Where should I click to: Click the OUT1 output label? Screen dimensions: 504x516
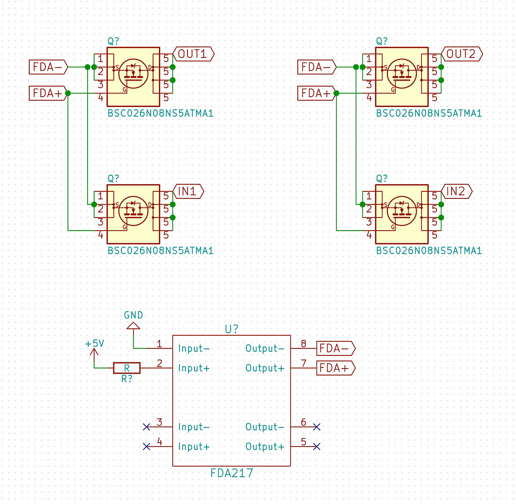(x=193, y=53)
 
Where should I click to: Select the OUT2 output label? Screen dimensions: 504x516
(x=462, y=53)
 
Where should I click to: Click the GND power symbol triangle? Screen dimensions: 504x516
(x=133, y=326)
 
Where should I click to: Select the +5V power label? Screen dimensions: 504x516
(x=94, y=343)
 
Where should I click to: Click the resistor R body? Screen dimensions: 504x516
(x=126, y=368)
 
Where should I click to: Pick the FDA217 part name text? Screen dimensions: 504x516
(x=232, y=473)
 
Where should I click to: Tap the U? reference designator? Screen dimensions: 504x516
(x=232, y=329)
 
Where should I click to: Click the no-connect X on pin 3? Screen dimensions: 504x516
(x=147, y=427)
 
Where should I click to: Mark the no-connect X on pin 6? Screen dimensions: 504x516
(x=316, y=427)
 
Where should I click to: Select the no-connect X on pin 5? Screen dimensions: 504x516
(x=316, y=447)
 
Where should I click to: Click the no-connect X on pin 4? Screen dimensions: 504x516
(x=147, y=447)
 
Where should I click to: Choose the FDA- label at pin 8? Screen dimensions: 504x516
(x=335, y=348)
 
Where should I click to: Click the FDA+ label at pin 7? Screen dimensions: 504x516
(x=335, y=368)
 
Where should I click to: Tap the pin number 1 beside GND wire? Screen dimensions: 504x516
(x=159, y=344)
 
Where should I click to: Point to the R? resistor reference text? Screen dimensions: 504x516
(x=126, y=379)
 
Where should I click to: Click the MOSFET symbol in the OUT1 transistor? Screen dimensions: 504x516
(x=133, y=73)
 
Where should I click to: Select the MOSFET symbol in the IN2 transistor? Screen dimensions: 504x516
(x=402, y=210)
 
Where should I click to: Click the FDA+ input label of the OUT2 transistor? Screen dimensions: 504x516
(x=316, y=93)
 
